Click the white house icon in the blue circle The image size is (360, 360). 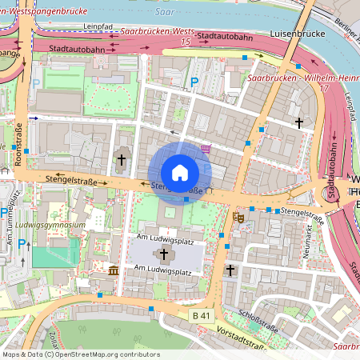pos(180,172)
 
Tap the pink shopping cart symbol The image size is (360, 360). pos(206,148)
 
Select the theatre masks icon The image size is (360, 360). pos(238,216)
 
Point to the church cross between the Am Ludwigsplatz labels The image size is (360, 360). pos(165,255)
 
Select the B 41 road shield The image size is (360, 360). pos(204,316)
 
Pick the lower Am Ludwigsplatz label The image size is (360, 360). pos(164,273)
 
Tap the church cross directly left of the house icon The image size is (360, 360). pos(122,160)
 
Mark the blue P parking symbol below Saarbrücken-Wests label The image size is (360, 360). pos(194,82)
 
